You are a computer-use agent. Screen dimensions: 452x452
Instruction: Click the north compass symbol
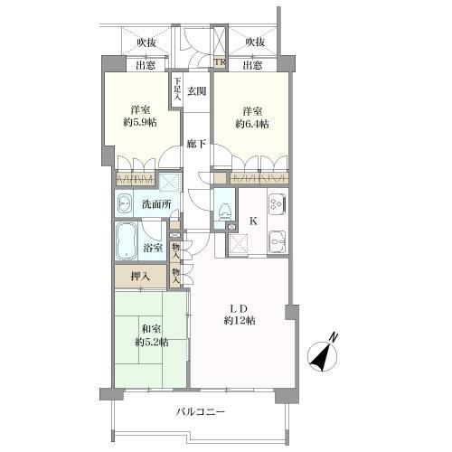(x=323, y=355)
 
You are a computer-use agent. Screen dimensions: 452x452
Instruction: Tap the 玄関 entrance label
(x=197, y=91)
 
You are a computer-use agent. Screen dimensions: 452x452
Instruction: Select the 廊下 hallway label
(x=196, y=144)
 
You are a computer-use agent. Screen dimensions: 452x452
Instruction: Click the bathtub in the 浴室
(x=126, y=240)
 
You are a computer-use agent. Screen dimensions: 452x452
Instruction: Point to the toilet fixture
(x=224, y=211)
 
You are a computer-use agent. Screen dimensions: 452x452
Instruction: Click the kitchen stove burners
(x=278, y=202)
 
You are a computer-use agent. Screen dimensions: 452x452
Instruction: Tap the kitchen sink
(x=278, y=240)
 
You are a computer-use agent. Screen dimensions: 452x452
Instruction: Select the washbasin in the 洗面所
(x=124, y=204)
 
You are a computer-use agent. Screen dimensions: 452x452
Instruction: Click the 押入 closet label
(x=140, y=277)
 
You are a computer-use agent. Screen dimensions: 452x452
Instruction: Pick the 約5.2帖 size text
(x=151, y=343)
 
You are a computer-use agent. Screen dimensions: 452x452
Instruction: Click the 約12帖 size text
(x=240, y=321)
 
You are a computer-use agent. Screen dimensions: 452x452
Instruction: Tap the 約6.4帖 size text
(x=252, y=124)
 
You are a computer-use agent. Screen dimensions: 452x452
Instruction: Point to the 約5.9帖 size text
(x=140, y=122)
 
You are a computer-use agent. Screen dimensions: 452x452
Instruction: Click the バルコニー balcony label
(x=201, y=411)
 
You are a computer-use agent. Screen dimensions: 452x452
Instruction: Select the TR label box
(x=221, y=63)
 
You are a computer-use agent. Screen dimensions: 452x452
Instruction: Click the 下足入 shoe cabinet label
(x=178, y=89)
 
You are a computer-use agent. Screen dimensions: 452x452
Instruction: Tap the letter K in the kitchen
(x=253, y=221)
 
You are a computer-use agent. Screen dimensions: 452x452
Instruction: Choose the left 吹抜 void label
(x=146, y=42)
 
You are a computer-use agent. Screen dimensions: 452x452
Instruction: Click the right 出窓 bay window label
(x=252, y=65)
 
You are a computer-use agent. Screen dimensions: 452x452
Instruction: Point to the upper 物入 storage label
(x=176, y=250)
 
